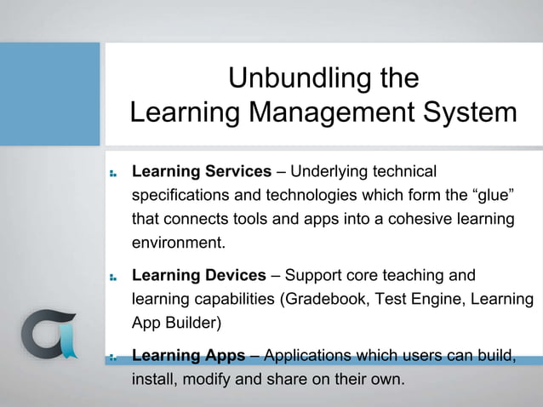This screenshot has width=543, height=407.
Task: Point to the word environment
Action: pos(178,243)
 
